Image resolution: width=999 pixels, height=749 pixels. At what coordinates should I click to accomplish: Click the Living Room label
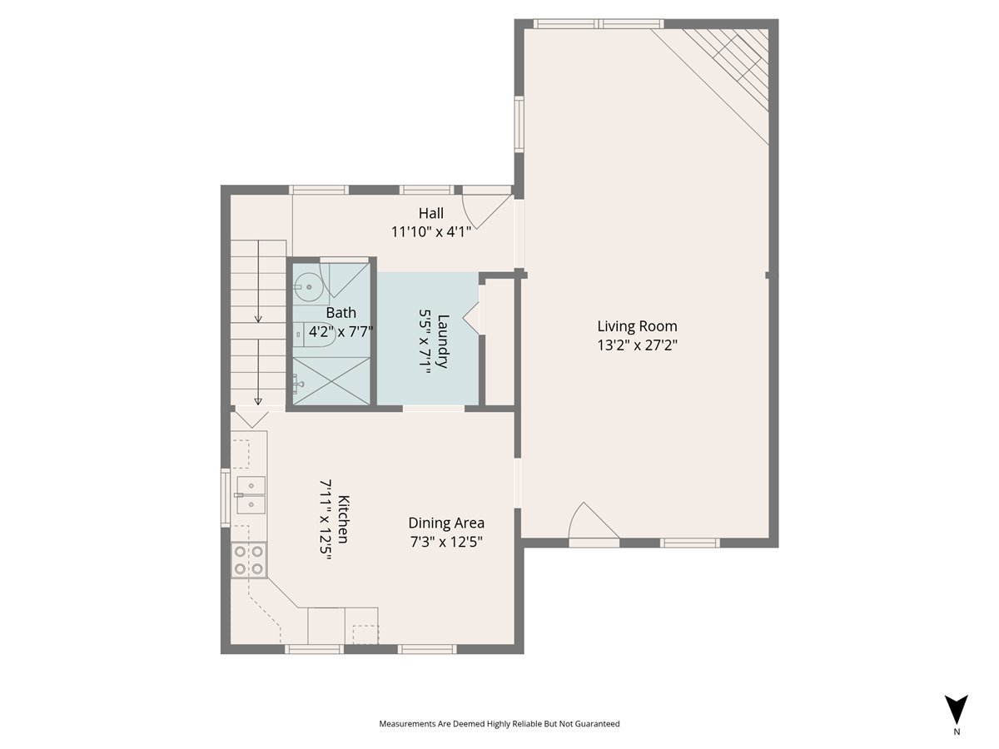637,326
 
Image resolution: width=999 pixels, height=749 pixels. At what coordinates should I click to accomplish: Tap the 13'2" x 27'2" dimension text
637,345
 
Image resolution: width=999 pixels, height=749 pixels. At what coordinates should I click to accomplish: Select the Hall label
430,213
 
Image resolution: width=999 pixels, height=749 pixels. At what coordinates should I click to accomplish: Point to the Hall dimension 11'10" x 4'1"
431,232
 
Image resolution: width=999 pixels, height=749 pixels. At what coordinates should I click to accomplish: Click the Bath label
340,313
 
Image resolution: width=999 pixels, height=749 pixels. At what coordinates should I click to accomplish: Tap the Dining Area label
446,523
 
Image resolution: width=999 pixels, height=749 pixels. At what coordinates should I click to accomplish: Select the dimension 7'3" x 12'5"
446,542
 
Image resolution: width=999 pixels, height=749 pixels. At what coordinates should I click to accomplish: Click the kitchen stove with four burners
249,559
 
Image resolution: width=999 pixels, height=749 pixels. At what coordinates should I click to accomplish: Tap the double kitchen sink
251,494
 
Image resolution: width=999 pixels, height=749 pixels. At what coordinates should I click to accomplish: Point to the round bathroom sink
307,287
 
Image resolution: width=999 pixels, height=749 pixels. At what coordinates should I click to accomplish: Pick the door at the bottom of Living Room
594,524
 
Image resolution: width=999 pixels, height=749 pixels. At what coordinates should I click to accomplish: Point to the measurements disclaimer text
499,724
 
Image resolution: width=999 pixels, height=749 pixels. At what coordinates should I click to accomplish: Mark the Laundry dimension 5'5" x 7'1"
425,341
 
